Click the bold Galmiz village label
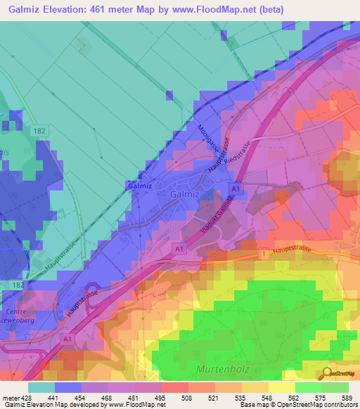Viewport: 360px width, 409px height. (136, 186)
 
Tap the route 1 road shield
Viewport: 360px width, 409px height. (264, 252)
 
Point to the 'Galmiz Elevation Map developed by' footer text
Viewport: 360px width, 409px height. (53, 405)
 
